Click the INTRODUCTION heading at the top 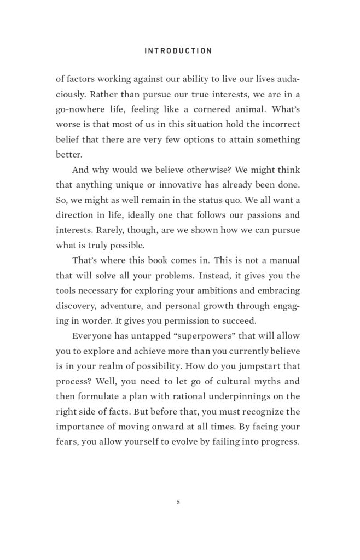tap(178, 51)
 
